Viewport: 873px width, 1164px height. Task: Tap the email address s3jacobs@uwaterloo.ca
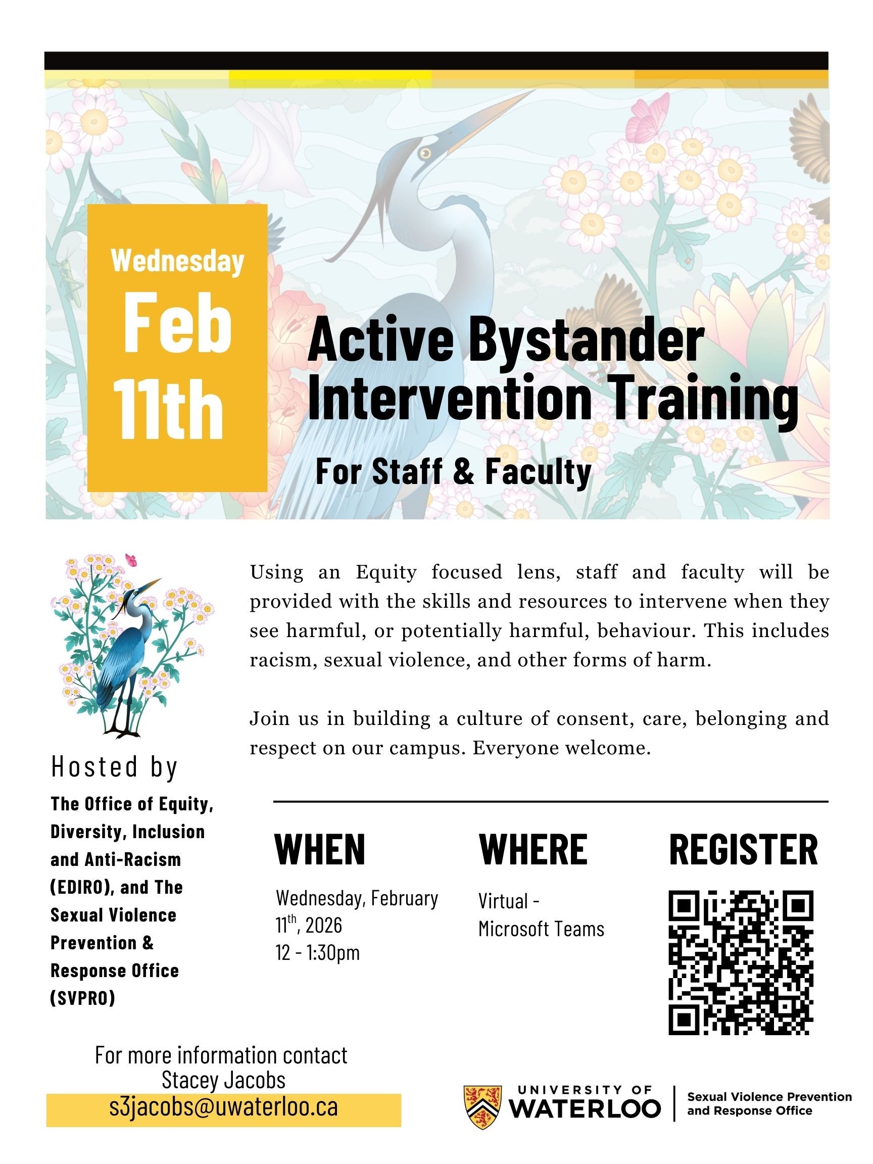point(223,1106)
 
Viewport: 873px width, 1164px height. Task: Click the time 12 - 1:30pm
point(318,952)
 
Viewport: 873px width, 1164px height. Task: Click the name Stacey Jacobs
point(223,1080)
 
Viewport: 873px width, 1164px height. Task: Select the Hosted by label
point(114,767)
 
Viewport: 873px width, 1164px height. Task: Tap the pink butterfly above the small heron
point(130,559)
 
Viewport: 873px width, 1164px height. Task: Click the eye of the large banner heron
point(425,153)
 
